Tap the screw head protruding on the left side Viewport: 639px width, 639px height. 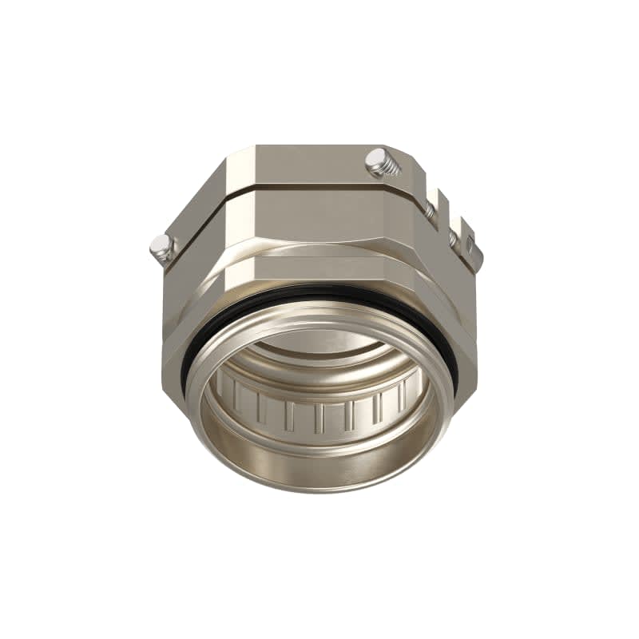click(161, 248)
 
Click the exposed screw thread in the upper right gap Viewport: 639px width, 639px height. click(431, 211)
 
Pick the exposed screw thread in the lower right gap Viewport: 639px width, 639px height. click(452, 238)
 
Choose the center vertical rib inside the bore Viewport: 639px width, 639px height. click(319, 415)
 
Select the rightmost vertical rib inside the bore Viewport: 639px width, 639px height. click(412, 391)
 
